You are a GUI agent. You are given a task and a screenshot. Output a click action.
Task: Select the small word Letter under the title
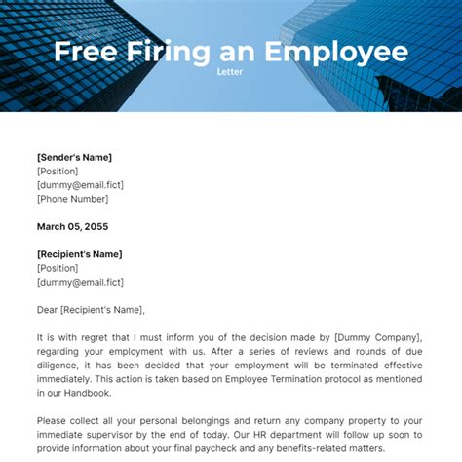point(230,71)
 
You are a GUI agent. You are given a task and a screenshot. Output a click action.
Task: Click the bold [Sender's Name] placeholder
point(74,157)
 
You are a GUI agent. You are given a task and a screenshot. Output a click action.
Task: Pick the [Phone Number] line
point(74,198)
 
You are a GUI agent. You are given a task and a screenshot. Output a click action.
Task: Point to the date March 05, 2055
point(73,226)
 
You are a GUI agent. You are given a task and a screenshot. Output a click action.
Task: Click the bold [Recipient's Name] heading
point(80,254)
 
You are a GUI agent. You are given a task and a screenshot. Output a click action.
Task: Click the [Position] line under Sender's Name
point(58,171)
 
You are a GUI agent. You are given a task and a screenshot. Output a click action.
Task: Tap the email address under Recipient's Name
point(81,282)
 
